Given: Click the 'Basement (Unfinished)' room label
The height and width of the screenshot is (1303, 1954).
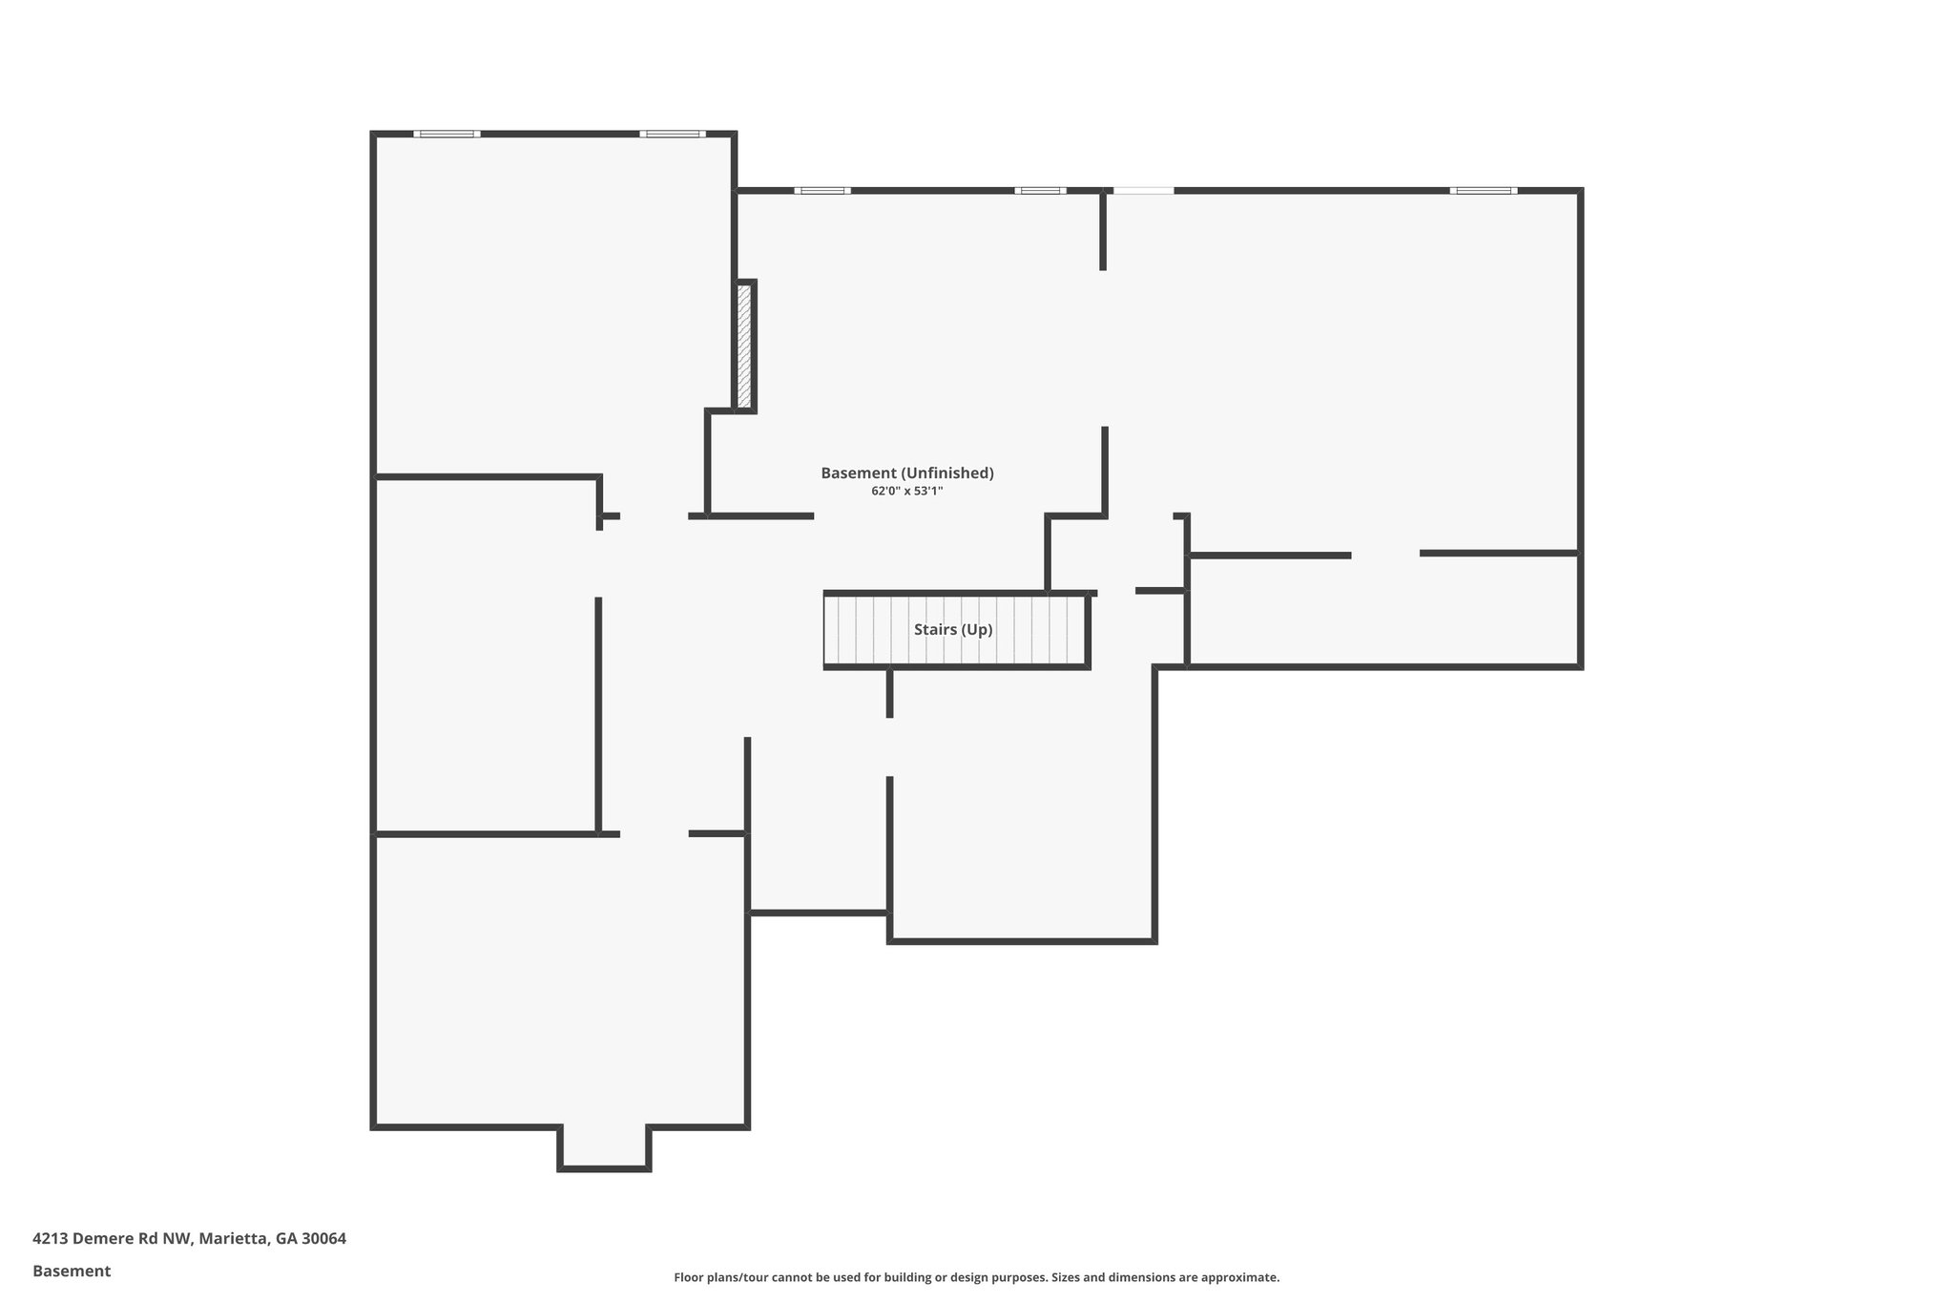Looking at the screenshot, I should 906,473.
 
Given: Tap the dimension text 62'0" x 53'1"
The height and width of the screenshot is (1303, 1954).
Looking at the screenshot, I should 906,491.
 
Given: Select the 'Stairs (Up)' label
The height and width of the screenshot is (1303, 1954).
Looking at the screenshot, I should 953,630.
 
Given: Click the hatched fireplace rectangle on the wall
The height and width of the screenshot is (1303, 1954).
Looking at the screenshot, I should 744,347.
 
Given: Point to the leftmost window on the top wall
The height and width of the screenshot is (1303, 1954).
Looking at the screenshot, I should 447,134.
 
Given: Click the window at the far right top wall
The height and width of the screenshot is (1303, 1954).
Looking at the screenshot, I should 1483,191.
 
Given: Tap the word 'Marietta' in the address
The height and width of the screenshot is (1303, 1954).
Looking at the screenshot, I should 232,1239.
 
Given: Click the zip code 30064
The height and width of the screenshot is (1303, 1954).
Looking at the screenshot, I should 323,1239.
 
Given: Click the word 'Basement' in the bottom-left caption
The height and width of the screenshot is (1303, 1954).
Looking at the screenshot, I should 72,1271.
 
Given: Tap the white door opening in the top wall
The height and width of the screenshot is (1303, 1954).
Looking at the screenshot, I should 1143,191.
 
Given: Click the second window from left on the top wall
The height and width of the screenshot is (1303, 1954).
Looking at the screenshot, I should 673,134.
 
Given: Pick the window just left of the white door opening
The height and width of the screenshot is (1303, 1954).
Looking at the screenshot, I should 1040,191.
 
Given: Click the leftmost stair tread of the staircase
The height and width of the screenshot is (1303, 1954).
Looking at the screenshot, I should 833,630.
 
